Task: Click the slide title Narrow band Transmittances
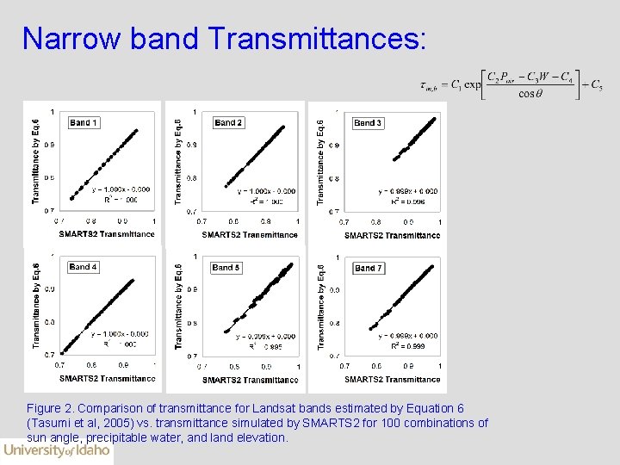coord(223,38)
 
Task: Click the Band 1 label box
coord(84,123)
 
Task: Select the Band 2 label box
coord(227,123)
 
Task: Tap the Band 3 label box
coord(368,123)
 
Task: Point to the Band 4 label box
coord(83,267)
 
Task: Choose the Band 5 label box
coord(226,268)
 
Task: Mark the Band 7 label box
coord(368,268)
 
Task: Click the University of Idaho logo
coord(56,450)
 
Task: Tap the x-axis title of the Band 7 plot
coord(392,379)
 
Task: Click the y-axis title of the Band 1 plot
coord(35,161)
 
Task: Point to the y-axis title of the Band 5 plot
coord(178,307)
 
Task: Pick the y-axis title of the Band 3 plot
coord(321,161)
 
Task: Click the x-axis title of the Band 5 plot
coord(250,380)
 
